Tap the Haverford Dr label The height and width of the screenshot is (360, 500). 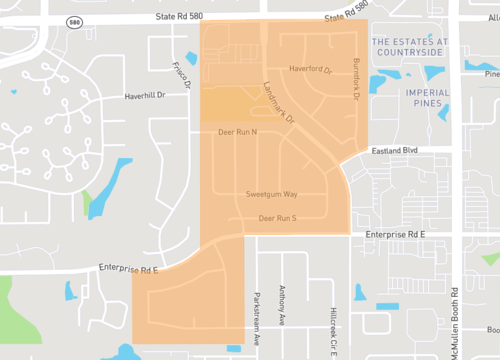tap(310, 70)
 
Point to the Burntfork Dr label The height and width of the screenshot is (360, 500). tap(355, 76)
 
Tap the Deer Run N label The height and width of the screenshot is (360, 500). tap(237, 131)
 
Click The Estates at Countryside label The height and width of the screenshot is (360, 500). tap(420, 47)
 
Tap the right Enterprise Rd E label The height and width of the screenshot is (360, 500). tap(395, 233)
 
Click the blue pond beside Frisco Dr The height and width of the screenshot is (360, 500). tap(191, 59)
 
